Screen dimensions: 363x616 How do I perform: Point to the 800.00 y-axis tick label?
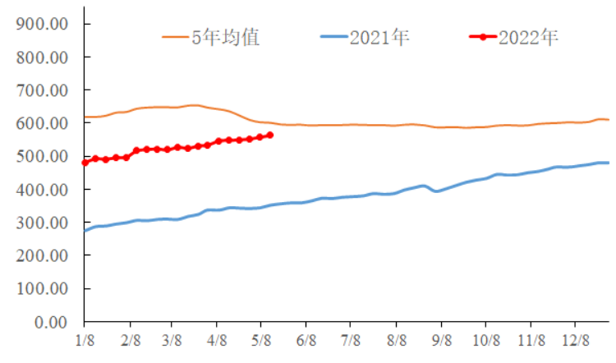click(42, 57)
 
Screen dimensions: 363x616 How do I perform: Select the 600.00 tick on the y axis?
click(42, 123)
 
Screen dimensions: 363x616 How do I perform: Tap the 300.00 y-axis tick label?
click(42, 223)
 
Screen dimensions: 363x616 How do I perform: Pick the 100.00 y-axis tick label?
click(42, 289)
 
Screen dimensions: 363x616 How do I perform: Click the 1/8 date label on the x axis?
click(85, 338)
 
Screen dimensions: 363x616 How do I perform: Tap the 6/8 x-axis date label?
click(307, 338)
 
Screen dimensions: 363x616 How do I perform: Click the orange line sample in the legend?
click(176, 37)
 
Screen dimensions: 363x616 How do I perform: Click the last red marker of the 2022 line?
click(270, 135)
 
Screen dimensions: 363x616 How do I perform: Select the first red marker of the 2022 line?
click(85, 163)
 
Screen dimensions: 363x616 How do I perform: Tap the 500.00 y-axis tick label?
click(42, 156)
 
